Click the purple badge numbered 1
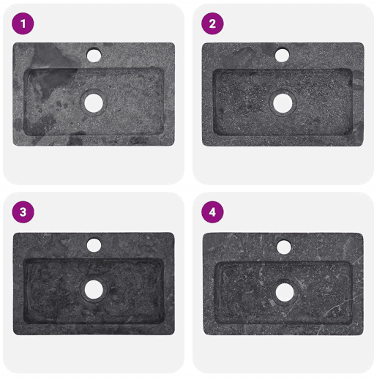pyautogui.click(x=23, y=23)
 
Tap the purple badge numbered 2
pyautogui.click(x=212, y=23)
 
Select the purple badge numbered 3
pyautogui.click(x=23, y=212)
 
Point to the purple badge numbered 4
pyautogui.click(x=212, y=212)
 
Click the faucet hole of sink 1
pyautogui.click(x=94, y=55)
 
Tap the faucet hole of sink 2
pyautogui.click(x=282, y=55)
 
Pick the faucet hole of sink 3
pyautogui.click(x=94, y=245)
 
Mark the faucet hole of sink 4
pyautogui.click(x=284, y=247)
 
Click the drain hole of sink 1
pyautogui.click(x=94, y=103)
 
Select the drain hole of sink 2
pyautogui.click(x=283, y=103)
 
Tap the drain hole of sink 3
pyautogui.click(x=94, y=290)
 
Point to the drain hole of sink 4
pyautogui.click(x=285, y=292)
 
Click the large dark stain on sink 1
pyautogui.click(x=53, y=71)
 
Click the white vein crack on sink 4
pyautogui.click(x=342, y=305)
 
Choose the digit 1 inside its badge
pyautogui.click(x=23, y=23)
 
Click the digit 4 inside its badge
pyautogui.click(x=212, y=212)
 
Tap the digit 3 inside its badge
pyautogui.click(x=23, y=212)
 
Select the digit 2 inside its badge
pyautogui.click(x=212, y=23)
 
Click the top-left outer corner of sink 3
pyautogui.click(x=13, y=233)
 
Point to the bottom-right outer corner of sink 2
pyautogui.click(x=363, y=146)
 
